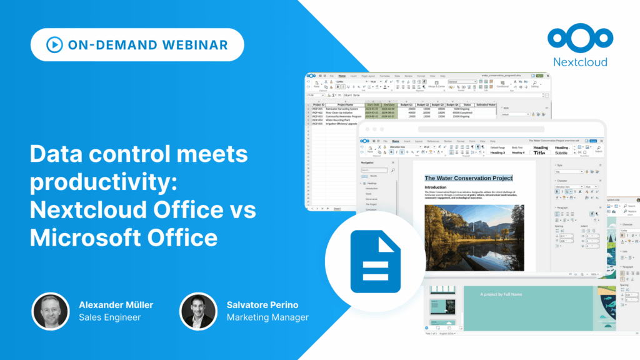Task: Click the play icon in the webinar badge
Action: [54, 45]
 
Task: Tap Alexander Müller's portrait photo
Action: [51, 311]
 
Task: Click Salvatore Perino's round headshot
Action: [198, 311]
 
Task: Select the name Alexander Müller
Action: [116, 305]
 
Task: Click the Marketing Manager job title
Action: [267, 317]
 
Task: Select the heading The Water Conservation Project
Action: [468, 178]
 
